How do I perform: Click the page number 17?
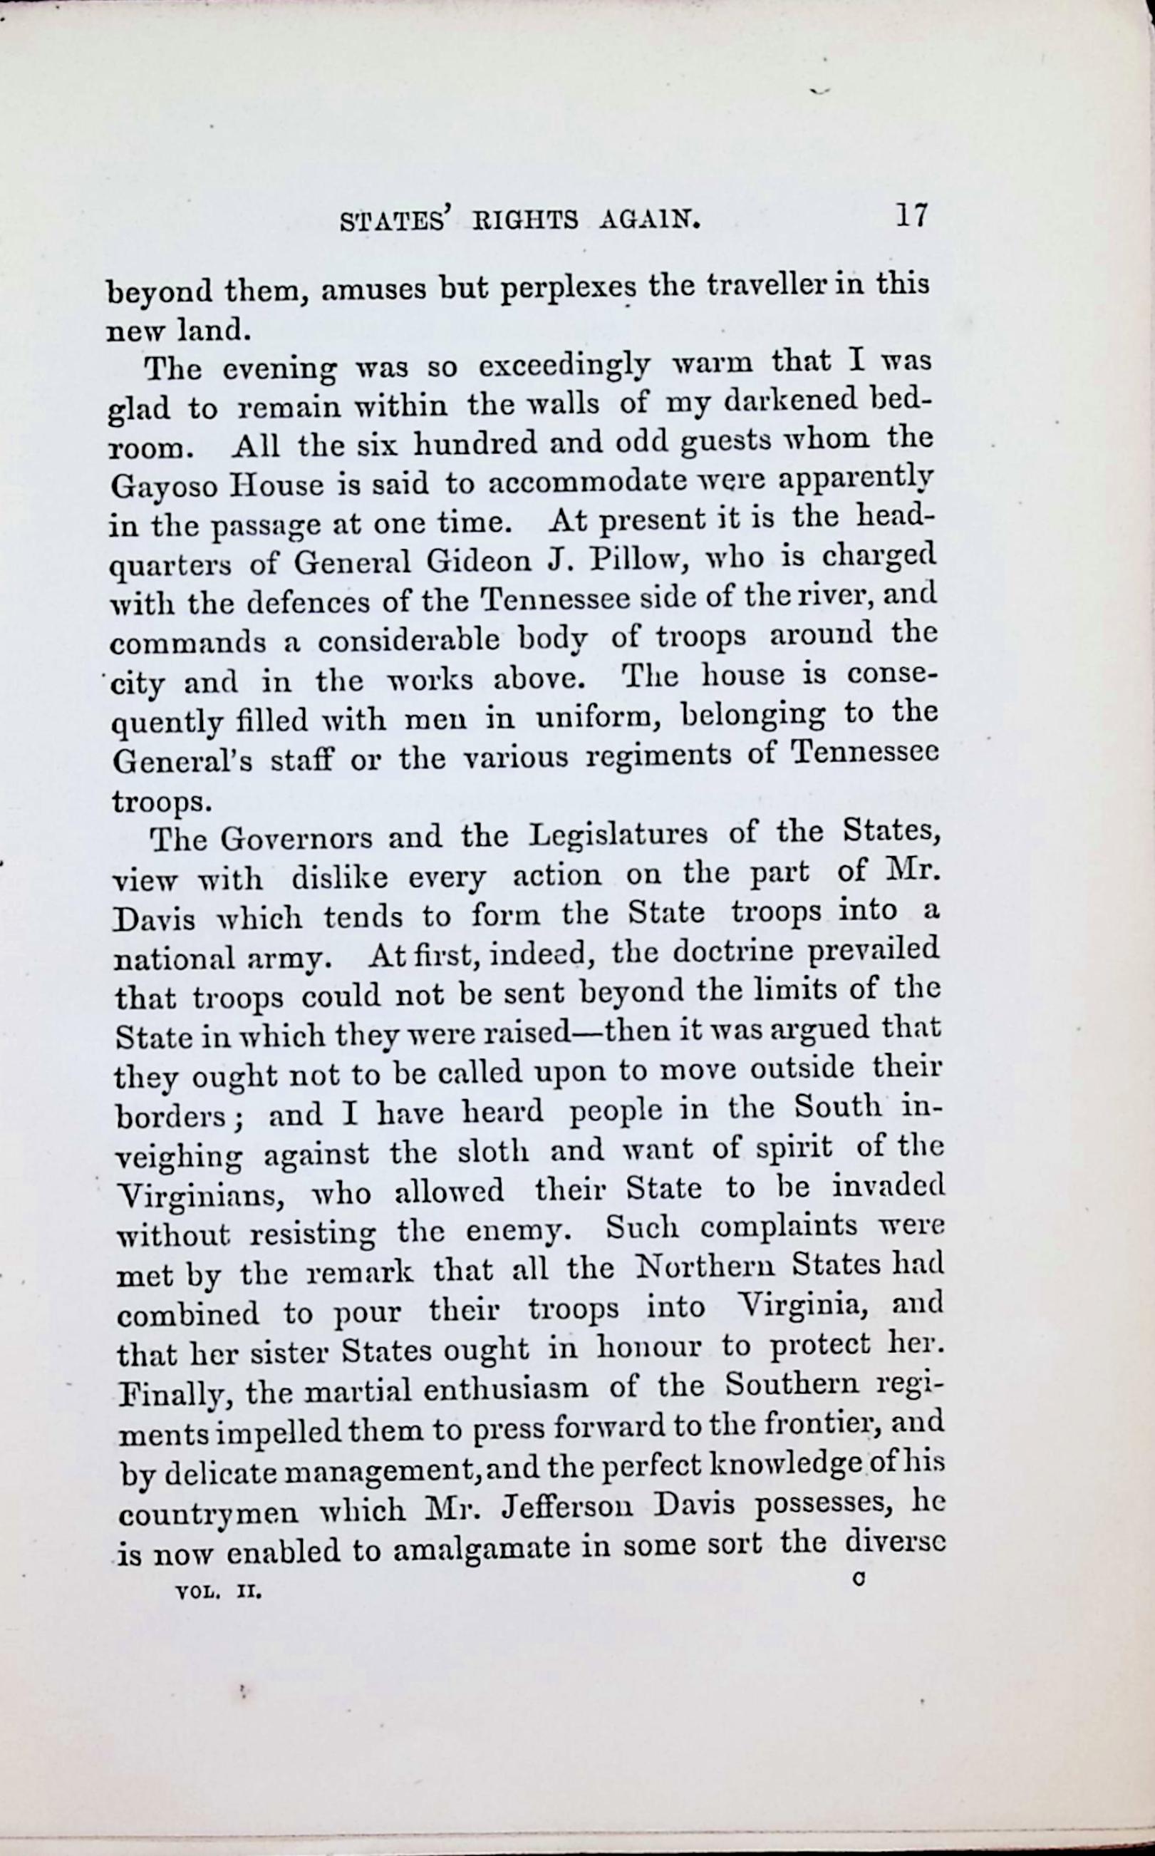pyautogui.click(x=911, y=216)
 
